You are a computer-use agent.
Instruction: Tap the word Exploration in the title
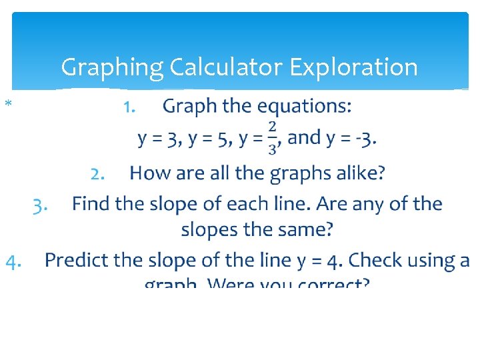(354, 67)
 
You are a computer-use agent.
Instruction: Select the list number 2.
(97, 174)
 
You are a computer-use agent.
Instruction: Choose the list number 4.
(14, 261)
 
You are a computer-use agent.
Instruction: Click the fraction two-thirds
(272, 138)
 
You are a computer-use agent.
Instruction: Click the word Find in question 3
(91, 203)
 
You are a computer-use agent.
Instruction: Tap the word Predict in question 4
(75, 260)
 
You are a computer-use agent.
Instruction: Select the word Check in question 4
(377, 260)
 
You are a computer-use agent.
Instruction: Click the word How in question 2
(147, 173)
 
